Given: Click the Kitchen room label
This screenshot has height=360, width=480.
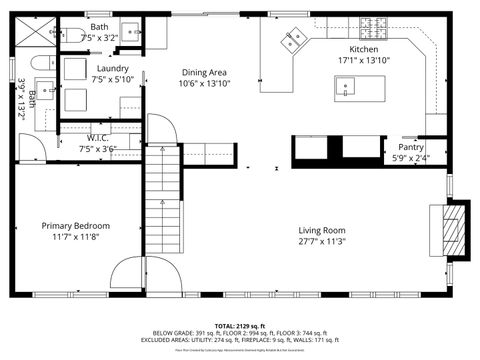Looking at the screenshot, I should [363, 49].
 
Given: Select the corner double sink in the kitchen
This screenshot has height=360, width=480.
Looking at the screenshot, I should [293, 41].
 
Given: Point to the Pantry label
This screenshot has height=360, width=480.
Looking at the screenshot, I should [411, 147].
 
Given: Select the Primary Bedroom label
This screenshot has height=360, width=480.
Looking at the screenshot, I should [75, 226].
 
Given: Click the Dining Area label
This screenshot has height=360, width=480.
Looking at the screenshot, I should [203, 72].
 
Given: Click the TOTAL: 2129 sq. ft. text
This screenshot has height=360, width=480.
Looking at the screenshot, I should [239, 326].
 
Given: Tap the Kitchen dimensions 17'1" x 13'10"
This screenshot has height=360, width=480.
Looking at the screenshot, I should [363, 60].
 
